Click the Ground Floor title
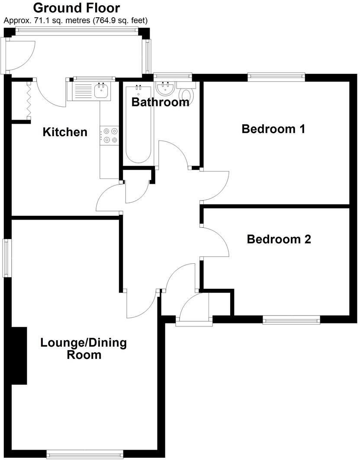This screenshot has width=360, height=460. click(77, 8)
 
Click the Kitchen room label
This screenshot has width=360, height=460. click(65, 132)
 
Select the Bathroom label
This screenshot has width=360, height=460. click(161, 102)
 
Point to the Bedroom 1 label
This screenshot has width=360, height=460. click(273, 129)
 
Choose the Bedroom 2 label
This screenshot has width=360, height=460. click(279, 239)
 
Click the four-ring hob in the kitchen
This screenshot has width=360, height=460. click(109, 135)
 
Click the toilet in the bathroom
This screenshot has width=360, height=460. click(187, 94)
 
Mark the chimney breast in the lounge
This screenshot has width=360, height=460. click(19, 355)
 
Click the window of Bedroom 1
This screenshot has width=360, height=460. click(276, 77)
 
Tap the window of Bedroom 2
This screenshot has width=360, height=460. click(291, 319)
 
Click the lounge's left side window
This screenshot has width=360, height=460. click(6, 258)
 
